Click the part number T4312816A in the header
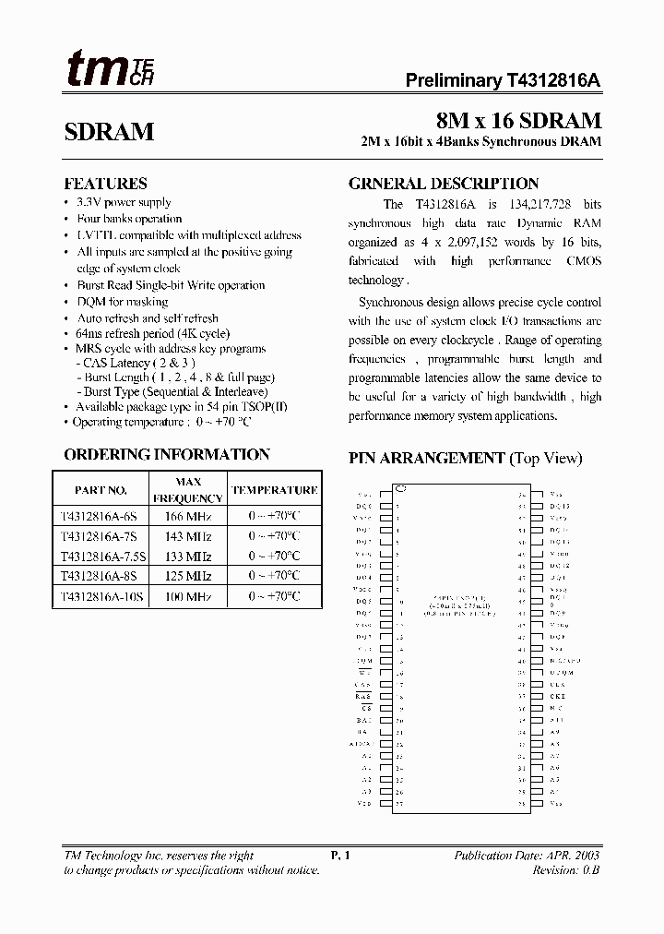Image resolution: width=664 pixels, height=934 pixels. pos(553,80)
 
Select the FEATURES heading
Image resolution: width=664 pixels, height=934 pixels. pos(105,184)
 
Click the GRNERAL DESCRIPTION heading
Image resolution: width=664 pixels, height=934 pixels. pos(443,184)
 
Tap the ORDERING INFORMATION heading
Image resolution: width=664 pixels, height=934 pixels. pos(167,454)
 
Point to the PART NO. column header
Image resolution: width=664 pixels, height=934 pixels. pos(101,490)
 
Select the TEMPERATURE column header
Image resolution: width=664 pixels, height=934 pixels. pos(274,490)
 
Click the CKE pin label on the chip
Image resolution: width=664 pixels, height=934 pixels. pos(555,697)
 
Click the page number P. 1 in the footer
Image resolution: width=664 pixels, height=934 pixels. pos(340,856)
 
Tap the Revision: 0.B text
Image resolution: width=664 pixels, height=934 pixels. pos(566,870)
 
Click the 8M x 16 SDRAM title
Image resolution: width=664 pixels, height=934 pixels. pos(518,121)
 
